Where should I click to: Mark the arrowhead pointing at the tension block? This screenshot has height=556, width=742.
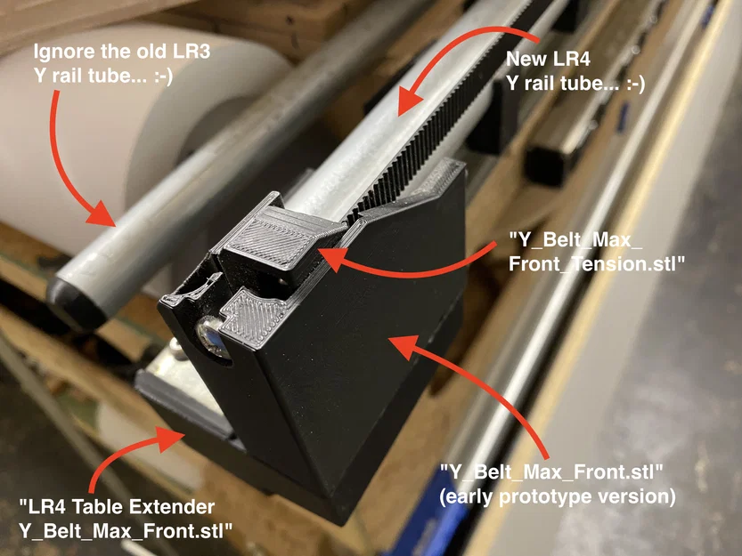[x=325, y=257]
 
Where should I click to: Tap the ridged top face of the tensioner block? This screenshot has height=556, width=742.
[x=271, y=236]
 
